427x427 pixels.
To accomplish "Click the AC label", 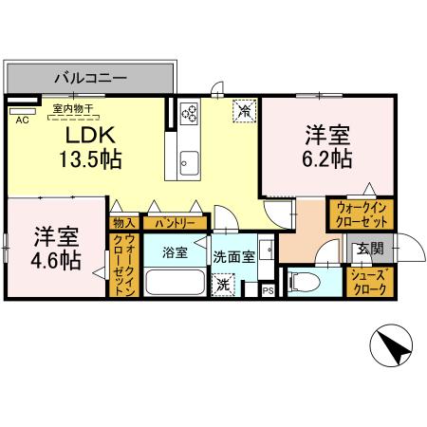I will click(x=22, y=120).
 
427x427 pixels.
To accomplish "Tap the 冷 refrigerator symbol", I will click(x=244, y=112).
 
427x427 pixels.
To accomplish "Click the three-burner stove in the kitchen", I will click(x=187, y=115).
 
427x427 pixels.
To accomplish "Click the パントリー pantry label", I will click(x=174, y=223).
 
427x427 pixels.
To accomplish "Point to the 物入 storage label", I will click(x=123, y=223).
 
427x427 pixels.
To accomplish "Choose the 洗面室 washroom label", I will click(x=233, y=255).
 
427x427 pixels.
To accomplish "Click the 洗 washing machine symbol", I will click(x=223, y=284).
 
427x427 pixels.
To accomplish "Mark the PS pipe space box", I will click(x=268, y=290).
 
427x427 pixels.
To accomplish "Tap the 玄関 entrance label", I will click(x=367, y=250).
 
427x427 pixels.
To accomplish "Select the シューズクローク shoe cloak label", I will click(x=368, y=282).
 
